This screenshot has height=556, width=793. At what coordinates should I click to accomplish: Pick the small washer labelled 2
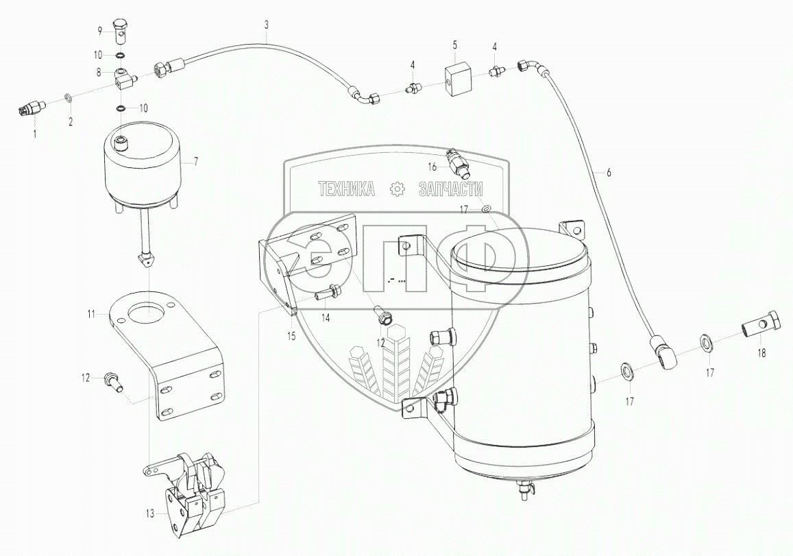[x=69, y=97]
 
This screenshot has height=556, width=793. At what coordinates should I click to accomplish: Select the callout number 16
[x=432, y=166]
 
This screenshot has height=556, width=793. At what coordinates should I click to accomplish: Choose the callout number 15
[x=291, y=335]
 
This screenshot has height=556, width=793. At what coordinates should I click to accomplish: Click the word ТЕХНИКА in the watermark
[x=345, y=190]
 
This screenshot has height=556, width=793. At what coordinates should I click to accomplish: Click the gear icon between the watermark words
[x=396, y=190]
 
